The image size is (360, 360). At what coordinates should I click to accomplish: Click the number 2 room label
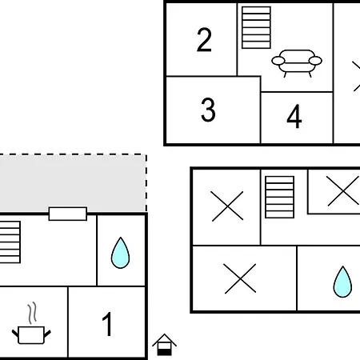point(204,39)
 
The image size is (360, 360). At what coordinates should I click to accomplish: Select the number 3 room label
point(208,110)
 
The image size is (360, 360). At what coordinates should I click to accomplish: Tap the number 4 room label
point(294,116)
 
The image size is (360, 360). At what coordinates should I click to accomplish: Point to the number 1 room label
point(107,324)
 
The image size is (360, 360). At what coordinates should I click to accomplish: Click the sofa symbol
point(297,63)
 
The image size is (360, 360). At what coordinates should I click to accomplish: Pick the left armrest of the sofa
point(278,61)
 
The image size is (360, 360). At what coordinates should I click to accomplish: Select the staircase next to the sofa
point(256,28)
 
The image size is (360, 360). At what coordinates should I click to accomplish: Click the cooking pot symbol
point(31,335)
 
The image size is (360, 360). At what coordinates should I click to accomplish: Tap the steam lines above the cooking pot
point(32,313)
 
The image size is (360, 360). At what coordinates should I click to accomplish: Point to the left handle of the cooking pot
point(15,334)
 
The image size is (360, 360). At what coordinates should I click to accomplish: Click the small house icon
point(164,345)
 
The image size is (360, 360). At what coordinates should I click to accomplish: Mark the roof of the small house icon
point(164,340)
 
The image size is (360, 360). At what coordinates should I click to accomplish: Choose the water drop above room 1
point(120,253)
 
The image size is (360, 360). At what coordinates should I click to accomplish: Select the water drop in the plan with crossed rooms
point(342,282)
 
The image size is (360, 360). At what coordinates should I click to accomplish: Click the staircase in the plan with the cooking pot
point(10,242)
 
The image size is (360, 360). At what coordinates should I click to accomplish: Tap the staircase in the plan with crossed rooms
point(279,197)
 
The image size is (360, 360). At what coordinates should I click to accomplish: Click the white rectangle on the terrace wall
point(68,214)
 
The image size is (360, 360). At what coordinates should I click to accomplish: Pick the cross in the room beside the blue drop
point(240,278)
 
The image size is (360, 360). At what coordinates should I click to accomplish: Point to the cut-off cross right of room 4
point(356,76)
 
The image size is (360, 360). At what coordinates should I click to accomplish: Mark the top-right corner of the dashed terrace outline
point(146,154)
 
